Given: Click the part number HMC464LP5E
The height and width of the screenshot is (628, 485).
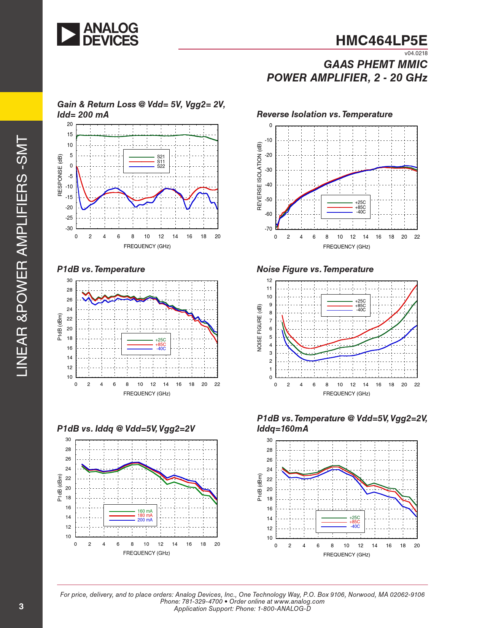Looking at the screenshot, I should pyautogui.click(x=381, y=41).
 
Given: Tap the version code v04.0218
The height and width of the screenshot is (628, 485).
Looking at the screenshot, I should pyautogui.click(x=416, y=53).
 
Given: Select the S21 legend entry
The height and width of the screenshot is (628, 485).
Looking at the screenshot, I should pyautogui.click(x=161, y=157).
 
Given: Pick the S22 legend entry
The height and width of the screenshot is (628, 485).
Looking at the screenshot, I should pyautogui.click(x=161, y=166).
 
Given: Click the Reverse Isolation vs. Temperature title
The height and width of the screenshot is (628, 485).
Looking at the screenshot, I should pyautogui.click(x=324, y=114).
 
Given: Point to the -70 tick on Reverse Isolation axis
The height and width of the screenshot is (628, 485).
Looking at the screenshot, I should pyautogui.click(x=269, y=229).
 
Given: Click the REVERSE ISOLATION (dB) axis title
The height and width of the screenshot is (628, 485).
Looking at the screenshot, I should pyautogui.click(x=259, y=176).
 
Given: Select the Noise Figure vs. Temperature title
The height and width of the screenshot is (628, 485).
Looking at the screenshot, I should pyautogui.click(x=315, y=269).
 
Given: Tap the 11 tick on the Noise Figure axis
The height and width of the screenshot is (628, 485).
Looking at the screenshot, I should pyautogui.click(x=269, y=288).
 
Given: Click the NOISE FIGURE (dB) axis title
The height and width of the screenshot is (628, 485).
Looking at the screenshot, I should pyautogui.click(x=259, y=328).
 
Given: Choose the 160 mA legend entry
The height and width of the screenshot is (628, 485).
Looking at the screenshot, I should pyautogui.click(x=145, y=511).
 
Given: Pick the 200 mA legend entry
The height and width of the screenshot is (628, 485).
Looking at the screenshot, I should pyautogui.click(x=145, y=520).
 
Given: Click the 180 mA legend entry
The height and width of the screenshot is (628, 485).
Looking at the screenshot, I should pyautogui.click(x=145, y=515).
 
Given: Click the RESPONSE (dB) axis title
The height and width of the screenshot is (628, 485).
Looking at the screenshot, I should pyautogui.click(x=60, y=175).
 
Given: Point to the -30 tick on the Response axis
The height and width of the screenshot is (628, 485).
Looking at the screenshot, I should pyautogui.click(x=69, y=228).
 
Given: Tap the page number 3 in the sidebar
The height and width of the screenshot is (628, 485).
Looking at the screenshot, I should pyautogui.click(x=21, y=606).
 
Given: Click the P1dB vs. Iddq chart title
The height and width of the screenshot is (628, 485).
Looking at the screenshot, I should pyautogui.click(x=126, y=429).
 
